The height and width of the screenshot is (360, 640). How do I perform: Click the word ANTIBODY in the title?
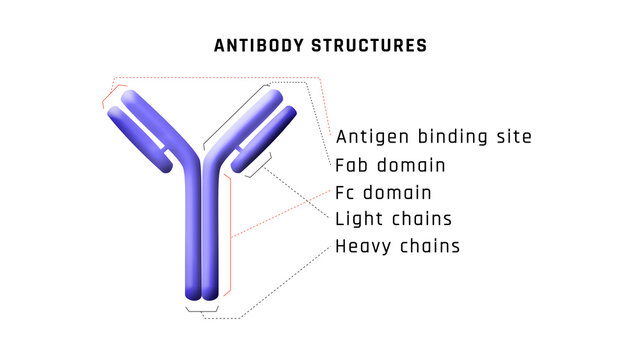[x=255, y=46]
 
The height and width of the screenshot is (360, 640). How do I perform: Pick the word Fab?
[x=352, y=165]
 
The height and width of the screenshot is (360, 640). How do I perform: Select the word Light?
[x=359, y=219]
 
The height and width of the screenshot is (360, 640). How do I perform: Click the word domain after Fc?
[x=395, y=192]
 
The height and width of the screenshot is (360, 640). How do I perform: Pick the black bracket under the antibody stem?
[x=202, y=311]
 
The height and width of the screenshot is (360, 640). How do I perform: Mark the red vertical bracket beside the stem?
[x=232, y=235]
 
